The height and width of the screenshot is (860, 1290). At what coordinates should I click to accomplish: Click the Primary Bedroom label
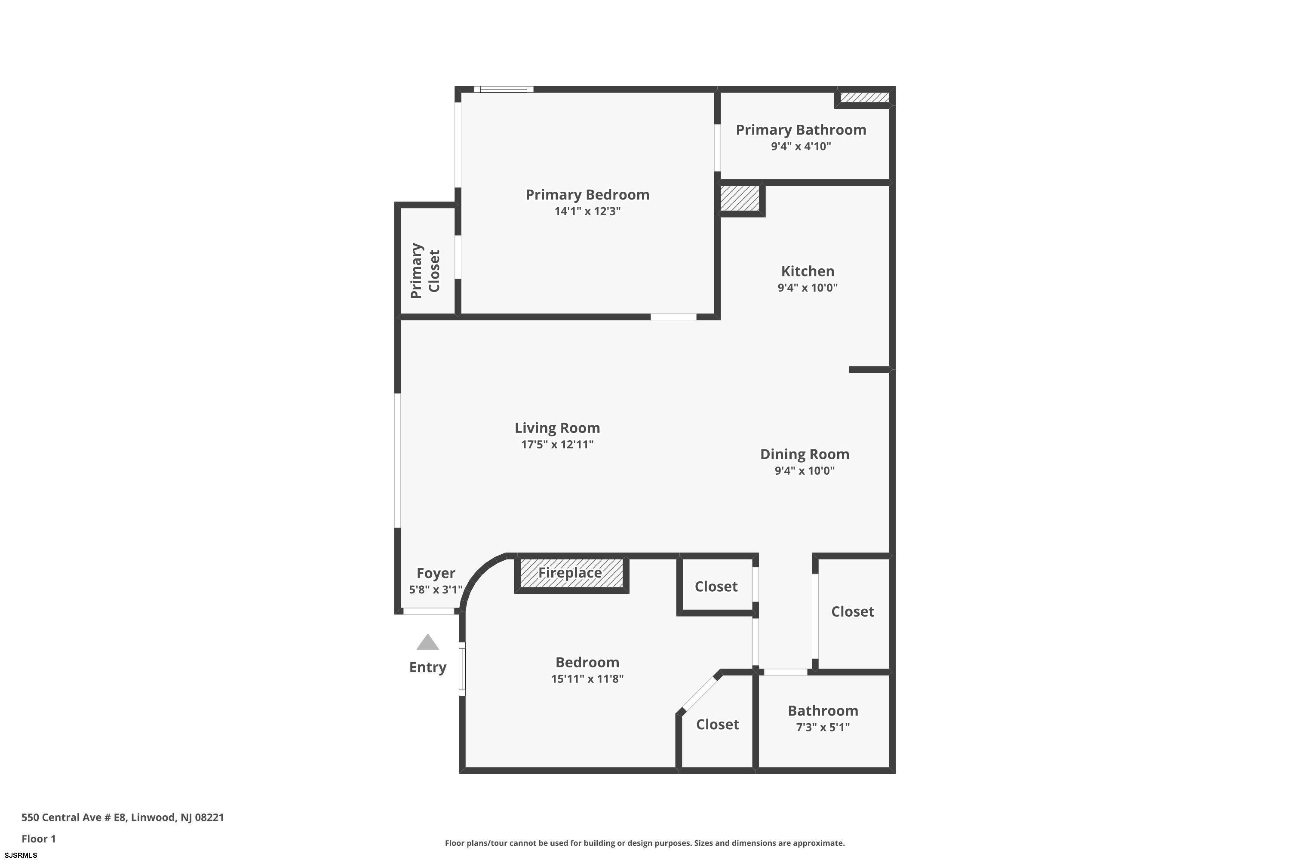[x=587, y=195]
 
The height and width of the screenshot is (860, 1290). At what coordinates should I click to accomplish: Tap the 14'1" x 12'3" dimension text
[x=587, y=211]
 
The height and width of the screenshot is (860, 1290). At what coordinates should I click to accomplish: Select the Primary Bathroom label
[x=801, y=130]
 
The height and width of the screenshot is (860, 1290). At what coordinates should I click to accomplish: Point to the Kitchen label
[x=808, y=271]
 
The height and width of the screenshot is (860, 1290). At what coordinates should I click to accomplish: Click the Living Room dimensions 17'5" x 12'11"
[x=557, y=444]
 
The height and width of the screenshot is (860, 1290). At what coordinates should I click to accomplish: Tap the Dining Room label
[x=805, y=454]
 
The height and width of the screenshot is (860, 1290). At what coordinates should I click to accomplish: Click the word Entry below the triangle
[x=428, y=667]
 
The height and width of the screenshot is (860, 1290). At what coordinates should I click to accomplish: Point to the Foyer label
[x=436, y=573]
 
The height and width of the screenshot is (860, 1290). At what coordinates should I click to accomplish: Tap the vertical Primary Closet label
[x=425, y=271]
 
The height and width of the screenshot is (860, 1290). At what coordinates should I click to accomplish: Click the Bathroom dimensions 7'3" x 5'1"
[x=823, y=727]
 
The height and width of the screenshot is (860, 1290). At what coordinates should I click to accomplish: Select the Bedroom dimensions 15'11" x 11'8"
[x=587, y=679]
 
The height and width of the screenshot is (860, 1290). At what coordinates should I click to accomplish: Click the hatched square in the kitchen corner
[x=740, y=198]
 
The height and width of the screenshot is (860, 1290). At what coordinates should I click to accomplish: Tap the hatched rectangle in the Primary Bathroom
[x=865, y=98]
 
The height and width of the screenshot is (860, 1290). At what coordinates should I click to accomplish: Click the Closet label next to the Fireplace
[x=716, y=587]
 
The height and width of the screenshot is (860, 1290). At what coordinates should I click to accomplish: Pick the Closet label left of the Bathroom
[x=717, y=725]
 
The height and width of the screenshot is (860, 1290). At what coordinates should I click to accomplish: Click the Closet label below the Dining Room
[x=852, y=611]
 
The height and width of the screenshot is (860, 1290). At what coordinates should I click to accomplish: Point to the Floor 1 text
[x=38, y=838]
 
